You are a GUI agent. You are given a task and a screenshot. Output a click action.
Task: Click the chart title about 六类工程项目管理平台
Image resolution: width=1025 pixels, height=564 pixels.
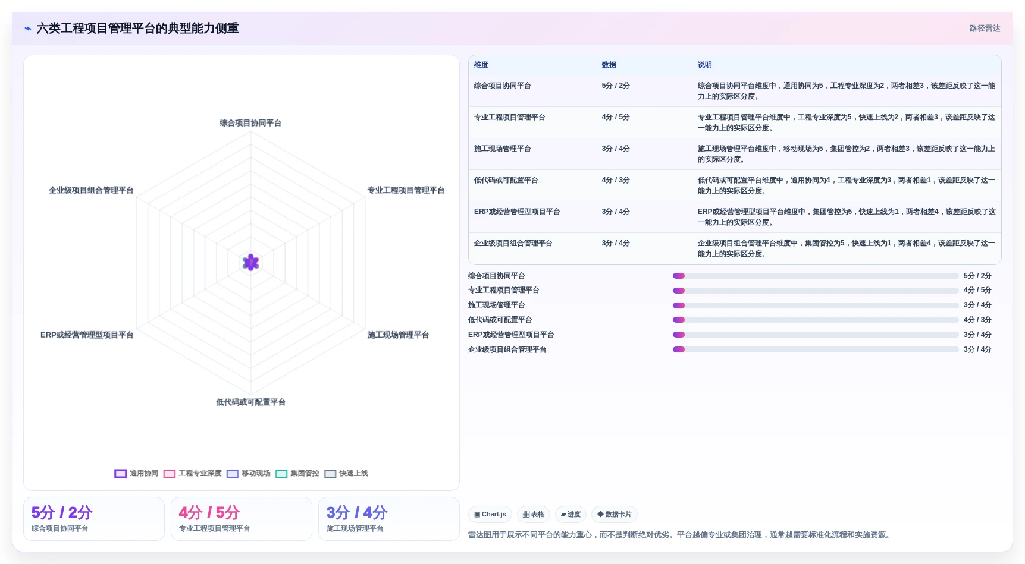[x=137, y=29]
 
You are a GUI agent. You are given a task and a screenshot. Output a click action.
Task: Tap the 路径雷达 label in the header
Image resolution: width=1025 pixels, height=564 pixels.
[x=985, y=29]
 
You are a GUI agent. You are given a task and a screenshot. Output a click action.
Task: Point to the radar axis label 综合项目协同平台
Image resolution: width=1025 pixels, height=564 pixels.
[x=250, y=123]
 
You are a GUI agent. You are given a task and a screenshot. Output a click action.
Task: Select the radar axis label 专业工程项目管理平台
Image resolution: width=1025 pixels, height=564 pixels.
[x=406, y=190]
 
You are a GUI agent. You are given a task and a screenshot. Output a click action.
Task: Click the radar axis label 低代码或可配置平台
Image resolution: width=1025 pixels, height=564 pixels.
[x=250, y=402]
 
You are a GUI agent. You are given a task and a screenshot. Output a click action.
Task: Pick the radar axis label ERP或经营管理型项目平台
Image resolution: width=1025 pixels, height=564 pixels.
[x=87, y=335]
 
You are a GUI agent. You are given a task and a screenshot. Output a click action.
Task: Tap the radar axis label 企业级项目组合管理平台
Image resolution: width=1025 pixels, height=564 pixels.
[x=91, y=190]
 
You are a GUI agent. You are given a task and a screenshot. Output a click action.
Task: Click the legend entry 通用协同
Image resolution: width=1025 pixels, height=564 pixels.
[x=137, y=473]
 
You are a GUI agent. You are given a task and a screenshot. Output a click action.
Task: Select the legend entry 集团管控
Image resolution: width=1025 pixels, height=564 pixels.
[x=297, y=473]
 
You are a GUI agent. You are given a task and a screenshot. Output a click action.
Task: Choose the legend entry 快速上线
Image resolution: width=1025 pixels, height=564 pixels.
[x=346, y=473]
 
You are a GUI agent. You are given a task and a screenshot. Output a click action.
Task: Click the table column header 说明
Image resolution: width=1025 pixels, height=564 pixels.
[x=704, y=65]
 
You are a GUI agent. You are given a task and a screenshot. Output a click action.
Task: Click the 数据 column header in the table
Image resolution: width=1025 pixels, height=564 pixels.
[x=609, y=65]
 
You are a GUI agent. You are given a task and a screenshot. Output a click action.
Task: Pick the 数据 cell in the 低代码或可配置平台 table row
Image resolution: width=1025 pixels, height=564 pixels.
[x=616, y=180]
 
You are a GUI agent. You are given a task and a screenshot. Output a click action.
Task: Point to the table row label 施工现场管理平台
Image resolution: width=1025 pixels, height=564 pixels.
[x=502, y=149]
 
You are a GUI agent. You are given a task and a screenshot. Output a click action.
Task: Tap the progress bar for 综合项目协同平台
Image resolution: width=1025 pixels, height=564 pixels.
[x=816, y=276]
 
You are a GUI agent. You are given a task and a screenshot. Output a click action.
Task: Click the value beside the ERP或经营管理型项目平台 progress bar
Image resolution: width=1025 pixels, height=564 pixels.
[x=977, y=335]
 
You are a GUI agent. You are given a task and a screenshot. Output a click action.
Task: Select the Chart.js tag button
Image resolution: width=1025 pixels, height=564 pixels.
[x=490, y=514]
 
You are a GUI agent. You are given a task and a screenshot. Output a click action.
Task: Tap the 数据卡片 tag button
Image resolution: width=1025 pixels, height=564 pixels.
[x=615, y=514]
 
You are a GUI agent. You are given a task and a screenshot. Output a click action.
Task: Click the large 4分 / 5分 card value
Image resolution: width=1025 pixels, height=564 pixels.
[x=209, y=512]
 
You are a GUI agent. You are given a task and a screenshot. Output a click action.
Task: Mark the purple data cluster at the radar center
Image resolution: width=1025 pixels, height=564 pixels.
[x=251, y=262]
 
